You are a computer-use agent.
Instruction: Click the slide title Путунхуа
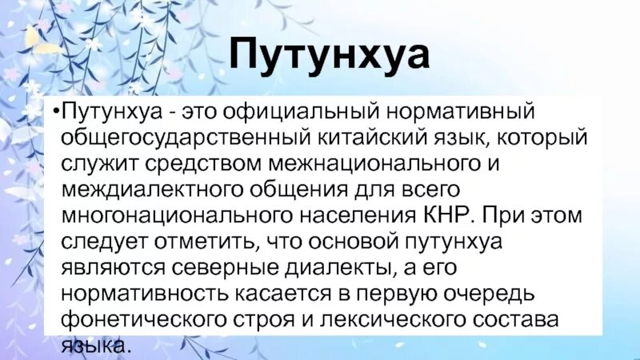(x=330, y=55)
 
